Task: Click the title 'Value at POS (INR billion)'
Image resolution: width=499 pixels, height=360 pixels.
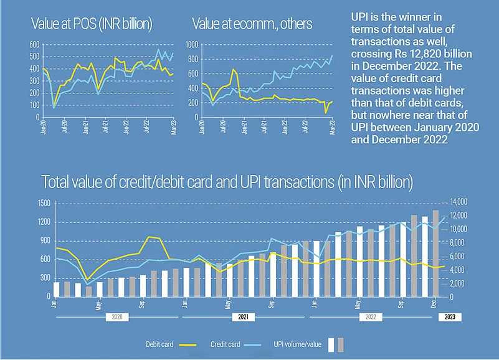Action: pos(91,24)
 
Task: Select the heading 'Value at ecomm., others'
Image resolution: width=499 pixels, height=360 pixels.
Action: pos(252,24)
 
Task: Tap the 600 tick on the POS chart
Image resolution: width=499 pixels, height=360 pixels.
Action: pos(35,45)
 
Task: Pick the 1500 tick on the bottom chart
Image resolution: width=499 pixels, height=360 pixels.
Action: pos(44,202)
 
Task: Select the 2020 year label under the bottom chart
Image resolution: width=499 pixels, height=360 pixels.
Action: pos(116,316)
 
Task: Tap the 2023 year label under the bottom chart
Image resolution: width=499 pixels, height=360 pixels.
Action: pos(449,316)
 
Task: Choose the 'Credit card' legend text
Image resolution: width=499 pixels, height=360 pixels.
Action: pos(226,343)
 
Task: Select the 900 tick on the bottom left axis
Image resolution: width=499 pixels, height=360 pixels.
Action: pos(45,240)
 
